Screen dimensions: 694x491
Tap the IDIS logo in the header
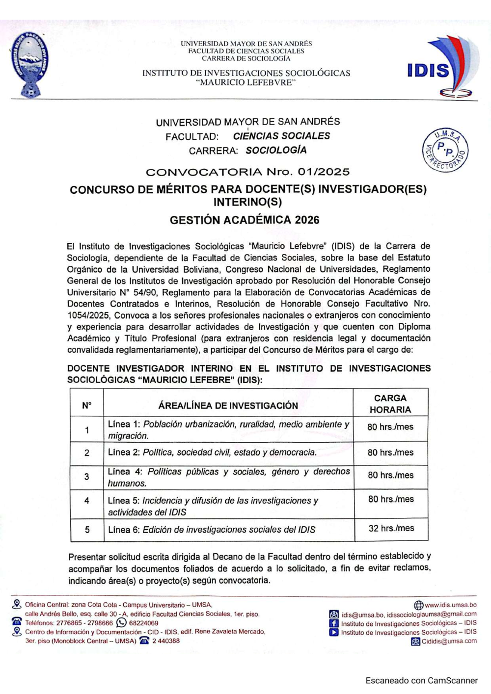436,67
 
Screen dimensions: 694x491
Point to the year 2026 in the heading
307,220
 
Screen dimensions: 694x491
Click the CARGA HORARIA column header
390,404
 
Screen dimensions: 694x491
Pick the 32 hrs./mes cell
391,529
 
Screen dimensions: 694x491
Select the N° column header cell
87,406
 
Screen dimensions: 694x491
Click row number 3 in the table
87,477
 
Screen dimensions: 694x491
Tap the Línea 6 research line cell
212,530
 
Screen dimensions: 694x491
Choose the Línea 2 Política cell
212,453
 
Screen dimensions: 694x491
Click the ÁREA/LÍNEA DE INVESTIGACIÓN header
228,406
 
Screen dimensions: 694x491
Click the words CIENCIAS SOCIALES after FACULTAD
281,136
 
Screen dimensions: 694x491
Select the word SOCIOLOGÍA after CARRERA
276,151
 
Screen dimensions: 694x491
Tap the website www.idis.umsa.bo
450,605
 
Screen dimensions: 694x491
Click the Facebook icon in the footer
334,623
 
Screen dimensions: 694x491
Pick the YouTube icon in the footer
334,632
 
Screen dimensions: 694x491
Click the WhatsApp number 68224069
143,623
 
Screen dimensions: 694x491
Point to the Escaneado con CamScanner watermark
421,680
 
